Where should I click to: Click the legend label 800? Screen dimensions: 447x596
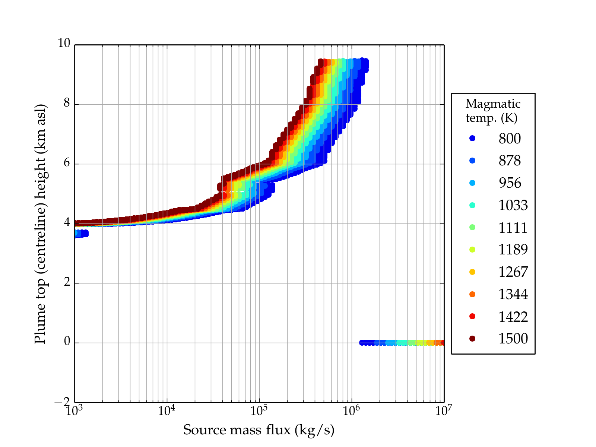510,139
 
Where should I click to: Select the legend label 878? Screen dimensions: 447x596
510,161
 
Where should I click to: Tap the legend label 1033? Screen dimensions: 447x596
513,205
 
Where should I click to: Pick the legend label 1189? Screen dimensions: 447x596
513,250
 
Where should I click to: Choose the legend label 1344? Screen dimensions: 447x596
513,294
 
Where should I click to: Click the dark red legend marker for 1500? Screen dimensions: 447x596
472,339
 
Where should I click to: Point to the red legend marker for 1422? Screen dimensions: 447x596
472,316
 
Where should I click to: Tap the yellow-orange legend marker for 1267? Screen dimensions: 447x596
472,272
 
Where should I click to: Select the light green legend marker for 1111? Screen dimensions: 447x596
472,227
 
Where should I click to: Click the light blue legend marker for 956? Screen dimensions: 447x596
472,183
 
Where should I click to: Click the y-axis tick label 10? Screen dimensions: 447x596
64,44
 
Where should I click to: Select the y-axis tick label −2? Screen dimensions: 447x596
62,402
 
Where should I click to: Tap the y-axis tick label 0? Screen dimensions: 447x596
67,342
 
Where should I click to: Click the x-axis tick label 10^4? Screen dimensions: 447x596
167,410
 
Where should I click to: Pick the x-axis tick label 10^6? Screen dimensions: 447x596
351,410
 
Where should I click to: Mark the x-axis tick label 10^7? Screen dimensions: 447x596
444,410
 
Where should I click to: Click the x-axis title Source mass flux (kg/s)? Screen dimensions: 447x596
259,430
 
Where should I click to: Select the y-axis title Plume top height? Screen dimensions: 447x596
40,223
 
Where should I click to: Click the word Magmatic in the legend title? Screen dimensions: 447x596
493,104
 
